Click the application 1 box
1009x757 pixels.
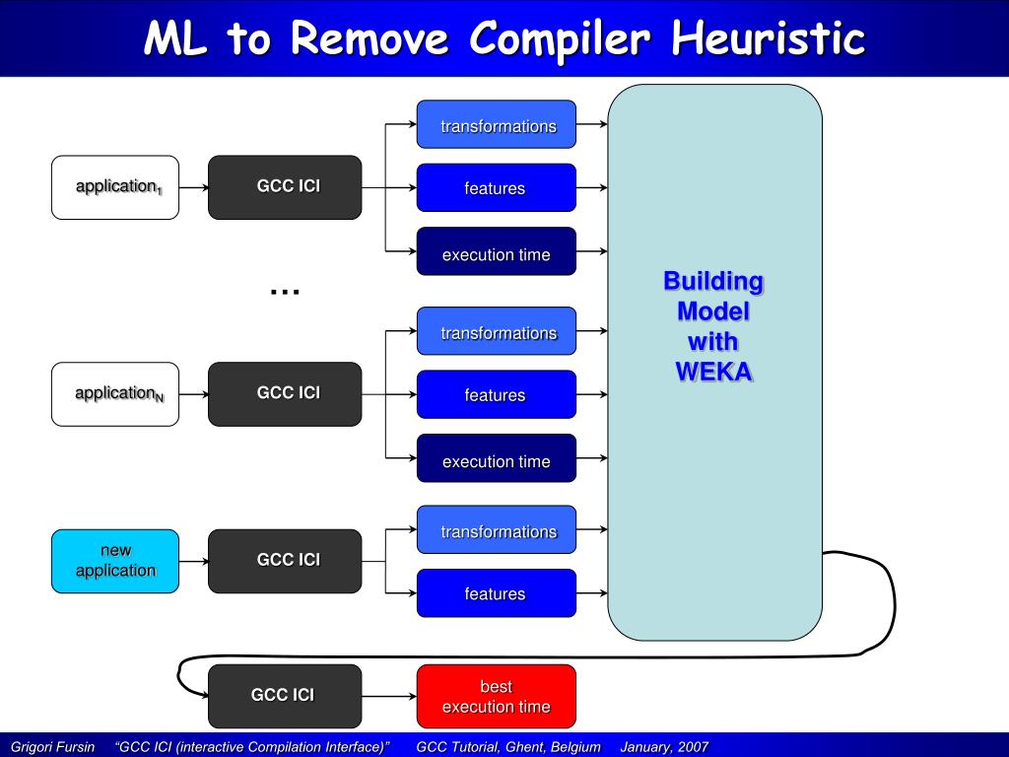(x=115, y=187)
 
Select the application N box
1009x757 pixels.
(x=115, y=394)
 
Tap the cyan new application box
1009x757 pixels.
(x=115, y=561)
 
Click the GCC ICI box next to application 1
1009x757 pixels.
(x=285, y=187)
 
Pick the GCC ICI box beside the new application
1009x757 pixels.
(x=285, y=561)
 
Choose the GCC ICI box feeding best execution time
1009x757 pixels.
(x=285, y=697)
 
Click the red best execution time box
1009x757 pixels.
(x=497, y=697)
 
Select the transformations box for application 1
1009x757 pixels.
(x=497, y=124)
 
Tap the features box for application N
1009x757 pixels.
(x=497, y=394)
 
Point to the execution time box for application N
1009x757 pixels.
(x=497, y=458)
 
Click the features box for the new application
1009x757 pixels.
(x=497, y=593)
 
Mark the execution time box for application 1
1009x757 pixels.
(x=497, y=251)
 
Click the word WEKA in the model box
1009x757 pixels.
(x=713, y=372)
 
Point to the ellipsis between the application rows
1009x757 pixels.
(x=285, y=293)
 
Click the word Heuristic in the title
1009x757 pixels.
(x=768, y=37)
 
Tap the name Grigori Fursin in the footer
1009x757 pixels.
(x=53, y=747)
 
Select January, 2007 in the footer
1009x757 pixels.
(x=664, y=747)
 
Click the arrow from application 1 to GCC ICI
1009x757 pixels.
(x=194, y=187)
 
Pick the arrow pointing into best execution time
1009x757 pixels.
(x=389, y=697)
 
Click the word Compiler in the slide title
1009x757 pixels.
(x=560, y=38)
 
